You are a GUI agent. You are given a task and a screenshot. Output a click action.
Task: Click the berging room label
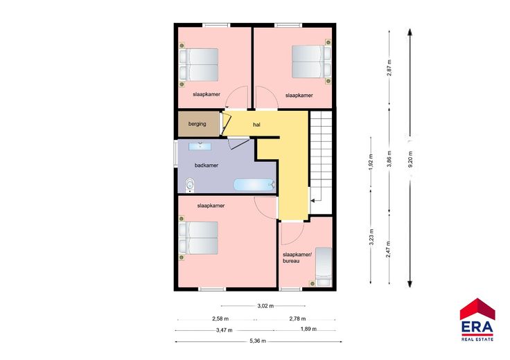[x=197, y=124]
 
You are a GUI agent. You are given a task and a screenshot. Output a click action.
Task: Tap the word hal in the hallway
[x=256, y=125]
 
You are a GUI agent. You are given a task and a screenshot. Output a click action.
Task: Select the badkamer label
[x=206, y=165]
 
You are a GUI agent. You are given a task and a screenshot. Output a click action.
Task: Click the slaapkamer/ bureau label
[x=297, y=258]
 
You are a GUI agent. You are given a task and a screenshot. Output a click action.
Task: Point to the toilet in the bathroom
[x=190, y=186]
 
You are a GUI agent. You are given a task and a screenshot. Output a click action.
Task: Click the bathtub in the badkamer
[x=254, y=185]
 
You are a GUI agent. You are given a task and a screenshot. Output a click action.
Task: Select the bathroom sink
[x=200, y=146]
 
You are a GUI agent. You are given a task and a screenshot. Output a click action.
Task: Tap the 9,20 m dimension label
[x=410, y=159]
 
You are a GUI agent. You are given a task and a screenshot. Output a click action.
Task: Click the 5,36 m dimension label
[x=258, y=341]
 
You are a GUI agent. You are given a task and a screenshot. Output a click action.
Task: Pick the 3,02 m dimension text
[x=265, y=306]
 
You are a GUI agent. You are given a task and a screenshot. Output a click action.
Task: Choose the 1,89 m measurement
[x=308, y=329]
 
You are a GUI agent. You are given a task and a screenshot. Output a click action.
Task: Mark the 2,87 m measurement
[x=389, y=68]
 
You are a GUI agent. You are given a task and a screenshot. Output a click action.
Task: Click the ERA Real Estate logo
[x=477, y=319]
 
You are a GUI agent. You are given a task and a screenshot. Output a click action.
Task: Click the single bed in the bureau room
[x=324, y=267]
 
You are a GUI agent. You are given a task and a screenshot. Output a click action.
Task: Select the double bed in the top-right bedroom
[x=311, y=62]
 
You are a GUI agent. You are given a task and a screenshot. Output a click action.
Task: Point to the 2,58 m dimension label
[x=220, y=318]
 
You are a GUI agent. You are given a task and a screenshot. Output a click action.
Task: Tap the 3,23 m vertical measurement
[x=371, y=237]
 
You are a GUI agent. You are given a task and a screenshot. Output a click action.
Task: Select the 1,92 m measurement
[x=371, y=162]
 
